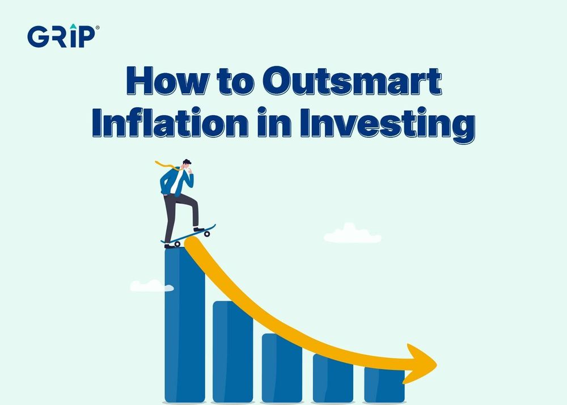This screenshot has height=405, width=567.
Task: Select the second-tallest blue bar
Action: point(232,352)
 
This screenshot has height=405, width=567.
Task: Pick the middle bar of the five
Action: point(282,369)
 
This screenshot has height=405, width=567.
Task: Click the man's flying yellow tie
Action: point(165,166)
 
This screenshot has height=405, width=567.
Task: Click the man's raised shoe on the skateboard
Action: point(198,229)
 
